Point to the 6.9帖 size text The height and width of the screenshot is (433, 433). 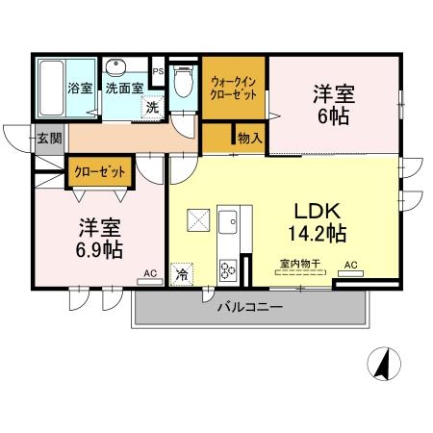tap(100, 249)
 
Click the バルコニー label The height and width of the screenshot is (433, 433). tap(248, 308)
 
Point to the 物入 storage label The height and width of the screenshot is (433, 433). tap(249, 139)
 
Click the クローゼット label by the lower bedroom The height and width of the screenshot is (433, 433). tap(100, 172)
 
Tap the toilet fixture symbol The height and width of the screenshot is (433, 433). tap(184, 87)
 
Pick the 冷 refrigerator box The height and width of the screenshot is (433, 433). tap(181, 274)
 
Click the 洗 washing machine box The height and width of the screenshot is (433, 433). tap(152, 108)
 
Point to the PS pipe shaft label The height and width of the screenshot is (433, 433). tap(158, 70)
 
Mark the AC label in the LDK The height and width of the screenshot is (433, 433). tap(350, 265)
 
